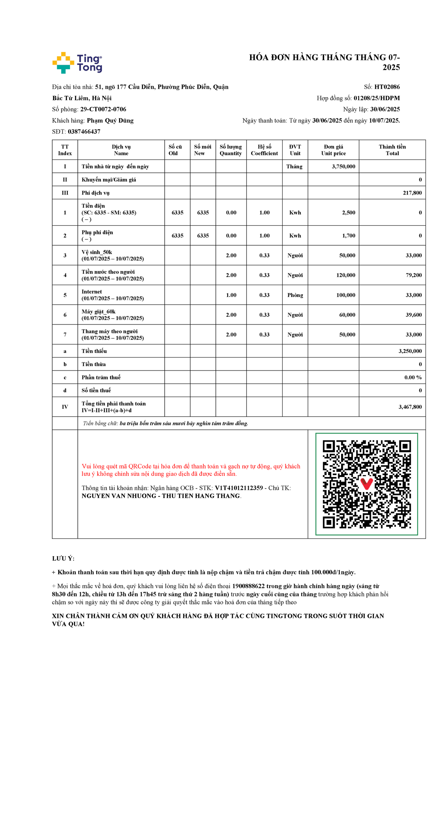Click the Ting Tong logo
77,63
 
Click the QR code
366,484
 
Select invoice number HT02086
387,87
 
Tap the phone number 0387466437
84,131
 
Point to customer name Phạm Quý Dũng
110,120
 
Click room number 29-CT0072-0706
103,109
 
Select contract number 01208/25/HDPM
376,98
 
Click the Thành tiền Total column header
392,150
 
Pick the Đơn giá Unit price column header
333,150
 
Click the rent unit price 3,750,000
343,166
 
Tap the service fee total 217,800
412,193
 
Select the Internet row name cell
113,295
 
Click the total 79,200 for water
414,275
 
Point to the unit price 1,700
348,236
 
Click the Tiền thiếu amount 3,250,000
410,351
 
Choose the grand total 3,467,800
410,407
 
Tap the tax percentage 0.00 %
413,378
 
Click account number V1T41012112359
239,488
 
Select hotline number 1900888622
248,586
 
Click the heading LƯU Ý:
63,558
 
